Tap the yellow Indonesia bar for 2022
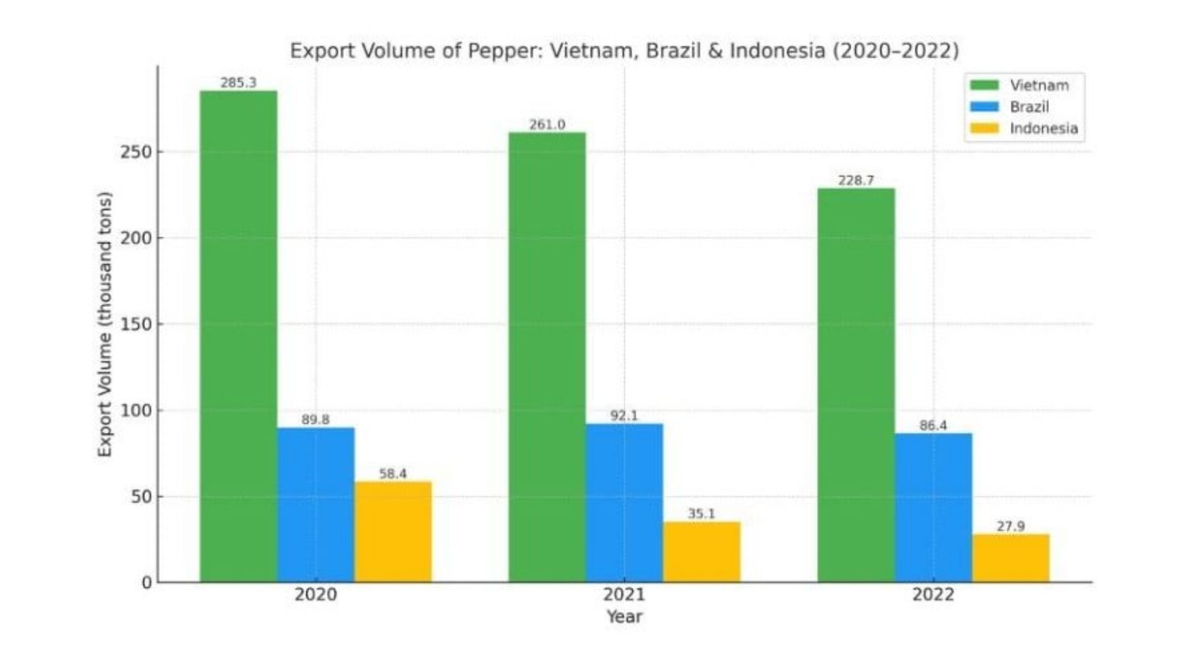1011,558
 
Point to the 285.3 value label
238,83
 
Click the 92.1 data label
624,416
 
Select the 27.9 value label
1011,527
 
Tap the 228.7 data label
856,180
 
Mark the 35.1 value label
701,514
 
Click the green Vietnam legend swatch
984,85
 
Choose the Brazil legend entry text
1029,107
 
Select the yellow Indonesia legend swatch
984,128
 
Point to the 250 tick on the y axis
136,152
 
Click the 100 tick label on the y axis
136,411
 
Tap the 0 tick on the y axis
147,583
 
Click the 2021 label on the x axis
624,595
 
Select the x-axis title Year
624,617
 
